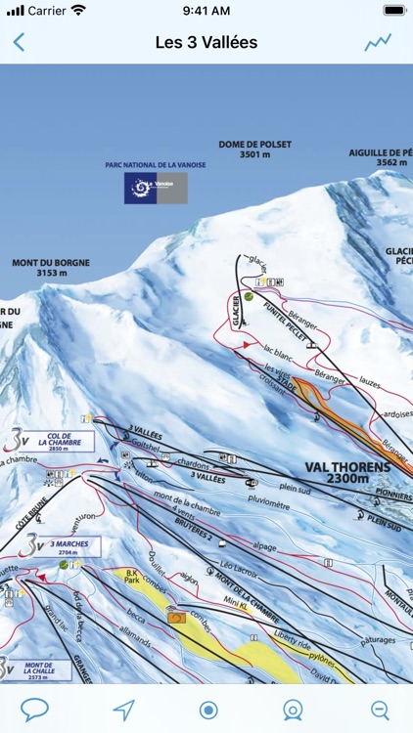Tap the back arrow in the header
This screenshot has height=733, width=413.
(x=19, y=42)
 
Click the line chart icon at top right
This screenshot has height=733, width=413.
(x=378, y=42)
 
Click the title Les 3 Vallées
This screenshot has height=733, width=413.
(x=206, y=42)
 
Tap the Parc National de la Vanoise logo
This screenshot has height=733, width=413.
(x=156, y=188)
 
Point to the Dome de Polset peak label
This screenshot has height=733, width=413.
(x=254, y=149)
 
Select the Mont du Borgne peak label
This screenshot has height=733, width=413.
(x=45, y=268)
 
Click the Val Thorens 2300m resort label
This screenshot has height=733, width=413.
(x=346, y=472)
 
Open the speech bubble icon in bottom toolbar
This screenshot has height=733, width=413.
(x=34, y=709)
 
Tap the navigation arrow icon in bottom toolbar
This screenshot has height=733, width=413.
(x=122, y=709)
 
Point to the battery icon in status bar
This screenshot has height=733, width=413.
(x=393, y=10)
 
